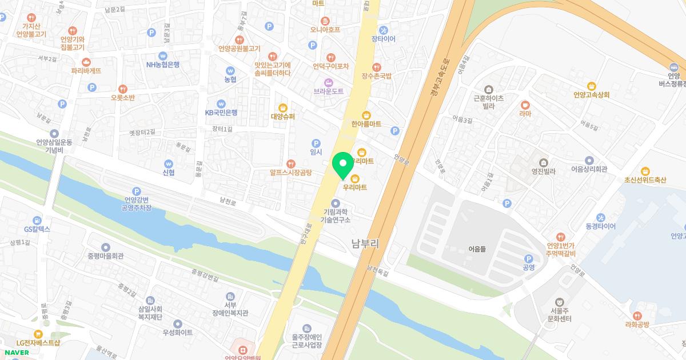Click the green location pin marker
coord(342,165)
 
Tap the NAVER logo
coord(15,352)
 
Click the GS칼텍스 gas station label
coord(37,229)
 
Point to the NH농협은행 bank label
coord(163,65)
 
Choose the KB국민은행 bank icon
coord(221,103)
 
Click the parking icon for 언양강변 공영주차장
coord(136,191)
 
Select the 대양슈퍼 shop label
coord(282,117)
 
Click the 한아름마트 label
coord(366,123)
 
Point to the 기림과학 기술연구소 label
coord(336,215)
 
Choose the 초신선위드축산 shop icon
coord(645,170)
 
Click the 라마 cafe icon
coord(525,105)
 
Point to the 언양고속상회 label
coord(592,95)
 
